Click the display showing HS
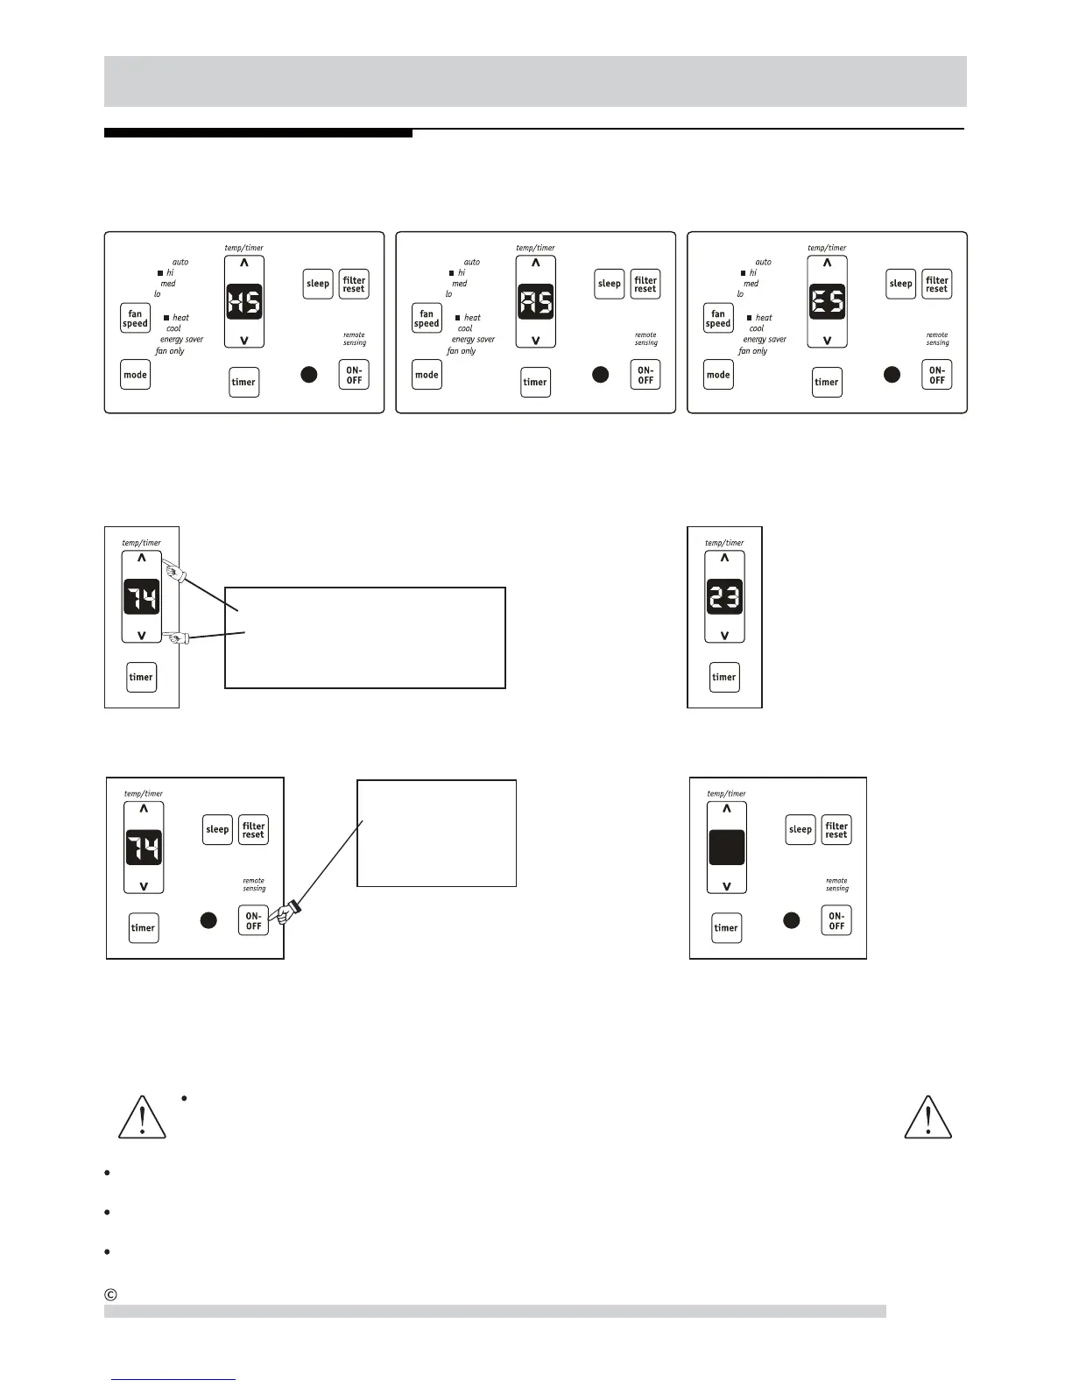[x=244, y=302]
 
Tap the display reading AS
[x=536, y=302]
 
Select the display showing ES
[x=827, y=302]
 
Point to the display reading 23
[x=724, y=597]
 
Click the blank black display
[x=727, y=848]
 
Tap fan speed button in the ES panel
[x=718, y=319]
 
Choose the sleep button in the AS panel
[x=610, y=284]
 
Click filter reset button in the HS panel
[x=354, y=285]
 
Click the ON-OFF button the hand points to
[x=253, y=920]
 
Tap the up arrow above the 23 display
[x=724, y=559]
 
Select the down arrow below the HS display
[x=244, y=340]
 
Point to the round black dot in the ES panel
[x=892, y=375]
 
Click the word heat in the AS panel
[x=472, y=318]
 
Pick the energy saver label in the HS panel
[x=181, y=340]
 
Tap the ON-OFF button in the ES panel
[x=937, y=376]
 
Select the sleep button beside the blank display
[x=800, y=829]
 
